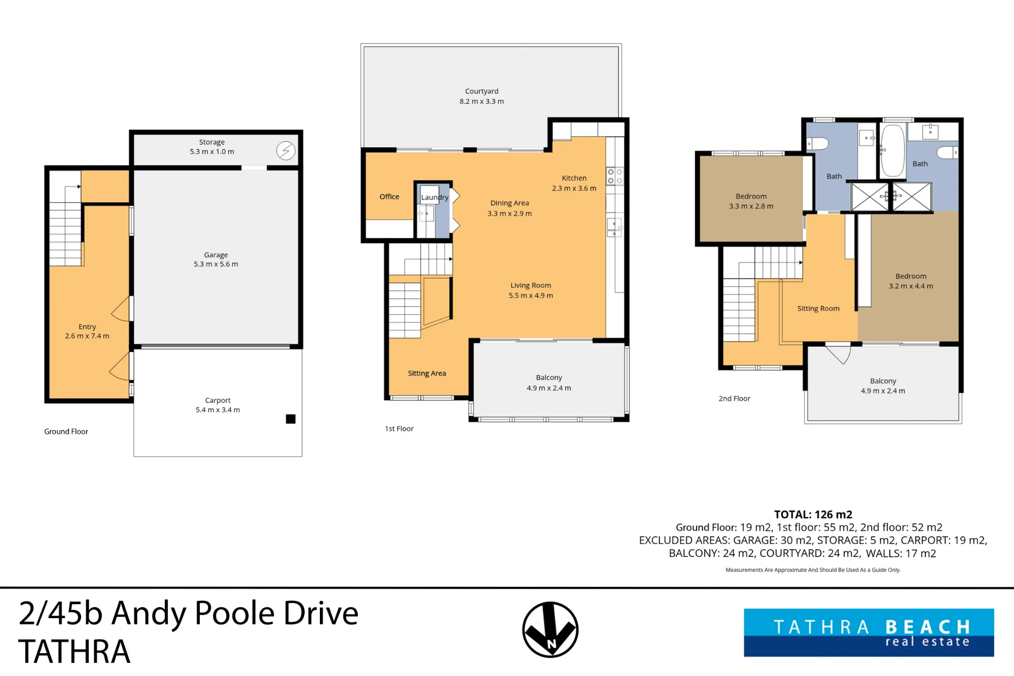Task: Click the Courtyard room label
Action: pos(482,91)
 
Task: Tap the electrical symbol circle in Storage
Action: pos(286,151)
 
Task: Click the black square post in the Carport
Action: pos(291,419)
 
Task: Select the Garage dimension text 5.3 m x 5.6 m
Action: pos(216,264)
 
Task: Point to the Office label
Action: pos(389,197)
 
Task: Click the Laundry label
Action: pos(435,197)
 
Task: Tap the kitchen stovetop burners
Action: pos(615,176)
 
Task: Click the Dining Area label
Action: pos(510,203)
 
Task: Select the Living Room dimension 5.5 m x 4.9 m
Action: pos(531,296)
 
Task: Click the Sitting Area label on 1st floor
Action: pos(427,373)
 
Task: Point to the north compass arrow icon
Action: pos(551,630)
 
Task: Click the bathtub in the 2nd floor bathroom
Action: pos(893,151)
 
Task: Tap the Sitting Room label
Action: pos(818,308)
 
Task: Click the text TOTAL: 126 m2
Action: pos(813,515)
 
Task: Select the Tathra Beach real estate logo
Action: pos(869,633)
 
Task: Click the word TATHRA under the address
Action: pos(75,651)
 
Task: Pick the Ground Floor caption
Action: pos(66,432)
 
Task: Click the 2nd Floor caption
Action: pos(734,399)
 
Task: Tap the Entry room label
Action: pos(87,327)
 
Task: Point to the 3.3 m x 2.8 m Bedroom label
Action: pos(751,201)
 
